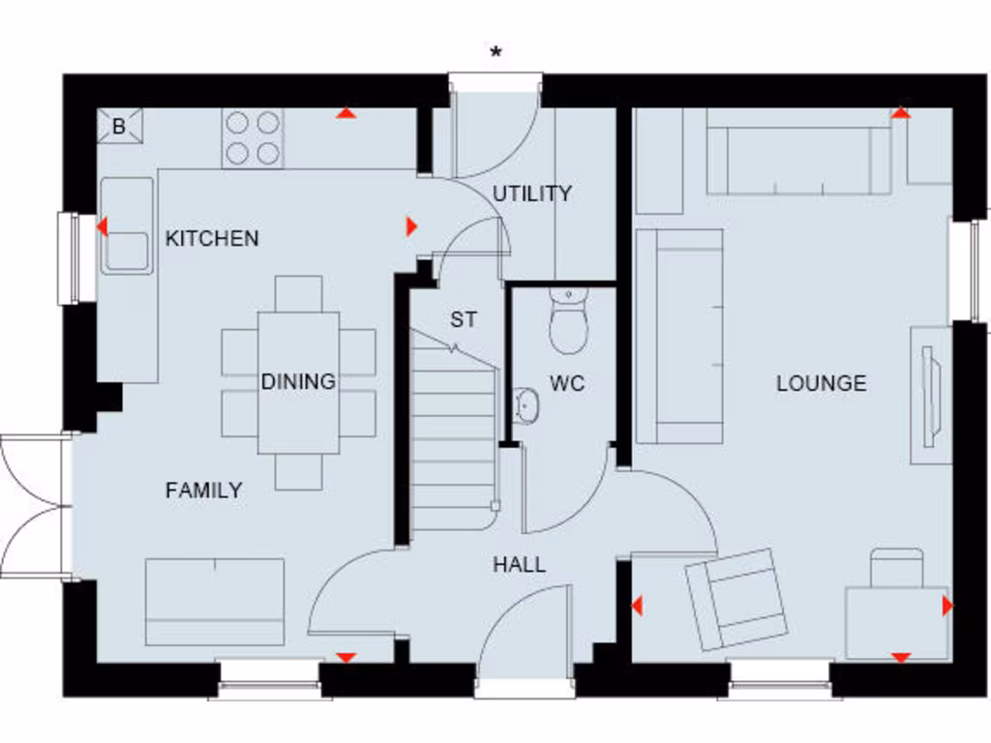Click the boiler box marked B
pos(120,126)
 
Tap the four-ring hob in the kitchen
pos(253,137)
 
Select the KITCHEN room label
pos(212,238)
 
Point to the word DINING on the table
pos(298,382)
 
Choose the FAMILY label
pos(203,490)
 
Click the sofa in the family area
pos(215,602)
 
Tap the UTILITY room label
pos(532,193)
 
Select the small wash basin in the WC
pos(526,406)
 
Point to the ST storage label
pos(464,320)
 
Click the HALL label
pos(519,564)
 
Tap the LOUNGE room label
pos(821,383)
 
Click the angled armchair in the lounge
pos(736,598)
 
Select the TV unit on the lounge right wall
pos(929,395)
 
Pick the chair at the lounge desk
pos(896,568)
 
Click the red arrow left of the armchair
pos(637,607)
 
